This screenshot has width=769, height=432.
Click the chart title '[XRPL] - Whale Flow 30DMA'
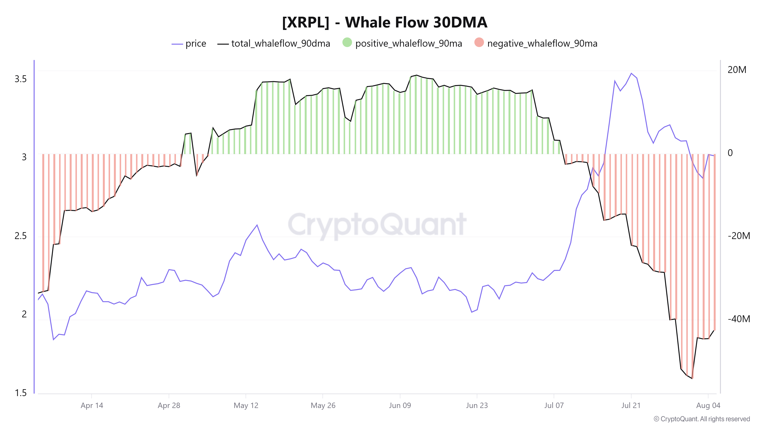pos(384,22)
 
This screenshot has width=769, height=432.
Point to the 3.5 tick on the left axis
pos(21,79)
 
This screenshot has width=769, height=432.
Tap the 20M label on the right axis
pos(737,70)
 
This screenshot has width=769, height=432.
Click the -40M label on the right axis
pos(739,319)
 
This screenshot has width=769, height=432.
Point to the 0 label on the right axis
pos(730,153)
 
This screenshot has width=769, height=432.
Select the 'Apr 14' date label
pos(92,406)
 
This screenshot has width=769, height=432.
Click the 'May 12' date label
pos(246,406)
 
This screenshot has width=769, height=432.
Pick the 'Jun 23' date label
pos(477,406)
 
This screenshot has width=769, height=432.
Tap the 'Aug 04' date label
pos(708,406)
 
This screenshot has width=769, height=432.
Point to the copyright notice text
pos(702,419)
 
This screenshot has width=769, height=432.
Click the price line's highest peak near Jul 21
pos(631,73)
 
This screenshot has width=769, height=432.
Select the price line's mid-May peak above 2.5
pos(257,225)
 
